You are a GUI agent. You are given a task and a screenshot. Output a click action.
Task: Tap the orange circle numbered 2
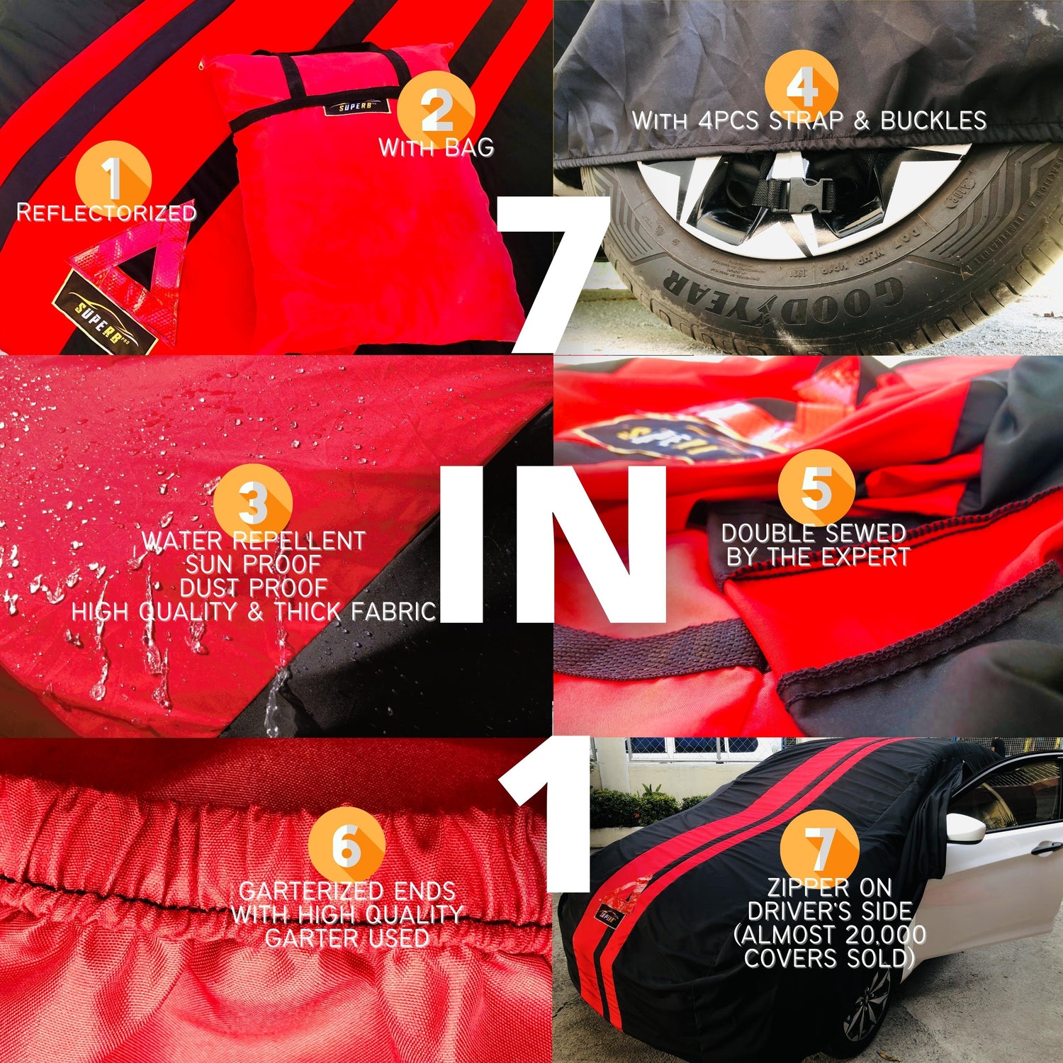tap(436, 110)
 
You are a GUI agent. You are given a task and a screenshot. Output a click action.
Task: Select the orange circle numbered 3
tap(253, 500)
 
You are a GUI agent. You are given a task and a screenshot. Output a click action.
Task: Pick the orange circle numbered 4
tap(802, 86)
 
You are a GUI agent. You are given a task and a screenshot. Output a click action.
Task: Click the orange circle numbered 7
tap(820, 848)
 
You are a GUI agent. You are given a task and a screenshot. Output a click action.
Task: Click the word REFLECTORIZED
tap(106, 212)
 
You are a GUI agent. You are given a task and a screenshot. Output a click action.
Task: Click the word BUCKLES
tap(933, 120)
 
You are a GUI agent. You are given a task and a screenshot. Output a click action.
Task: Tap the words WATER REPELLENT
tap(253, 541)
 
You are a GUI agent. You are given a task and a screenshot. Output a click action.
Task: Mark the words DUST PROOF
tap(253, 588)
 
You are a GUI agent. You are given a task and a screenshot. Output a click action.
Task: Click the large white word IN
tap(553, 544)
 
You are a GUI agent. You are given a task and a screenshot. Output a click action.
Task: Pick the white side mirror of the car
tap(966, 828)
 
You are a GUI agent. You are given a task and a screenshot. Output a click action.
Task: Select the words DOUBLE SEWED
tap(814, 533)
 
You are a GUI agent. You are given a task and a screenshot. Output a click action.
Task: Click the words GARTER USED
tap(347, 938)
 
